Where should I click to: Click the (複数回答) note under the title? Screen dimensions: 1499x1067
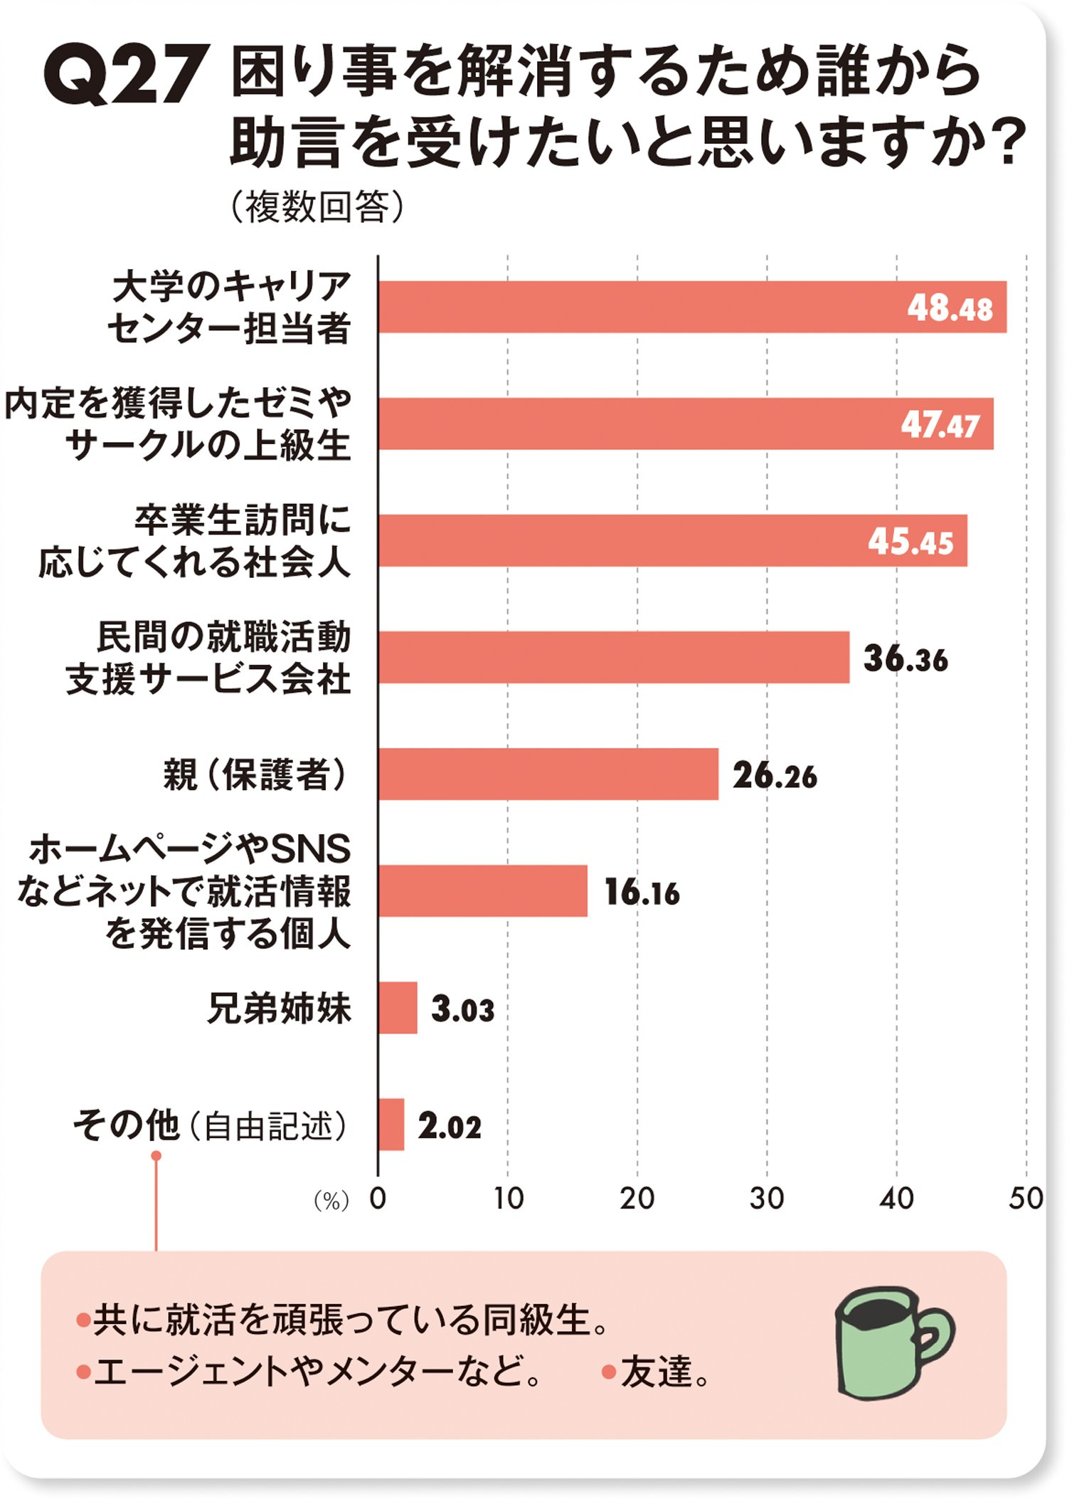(x=317, y=207)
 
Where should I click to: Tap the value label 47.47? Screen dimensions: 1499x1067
(x=940, y=425)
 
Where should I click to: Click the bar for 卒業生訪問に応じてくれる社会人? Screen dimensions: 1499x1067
(x=672, y=540)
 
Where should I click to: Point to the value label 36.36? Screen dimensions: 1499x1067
(x=905, y=658)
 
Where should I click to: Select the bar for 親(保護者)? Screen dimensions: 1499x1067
(x=548, y=774)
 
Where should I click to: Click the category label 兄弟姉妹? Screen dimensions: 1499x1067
(x=279, y=1008)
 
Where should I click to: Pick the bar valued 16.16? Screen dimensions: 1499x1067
(x=482, y=890)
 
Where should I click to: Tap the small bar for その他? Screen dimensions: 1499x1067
(x=391, y=1125)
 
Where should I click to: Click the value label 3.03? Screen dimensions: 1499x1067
(x=462, y=1009)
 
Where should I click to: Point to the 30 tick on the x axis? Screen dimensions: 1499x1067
(x=766, y=1199)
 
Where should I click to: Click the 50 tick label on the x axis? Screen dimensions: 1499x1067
(x=1025, y=1199)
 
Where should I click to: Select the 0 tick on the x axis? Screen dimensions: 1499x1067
(x=378, y=1199)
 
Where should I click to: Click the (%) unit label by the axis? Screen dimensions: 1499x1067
(x=331, y=1201)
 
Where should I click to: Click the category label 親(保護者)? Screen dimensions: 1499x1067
(x=255, y=774)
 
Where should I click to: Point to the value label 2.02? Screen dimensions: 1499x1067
(x=450, y=1126)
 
